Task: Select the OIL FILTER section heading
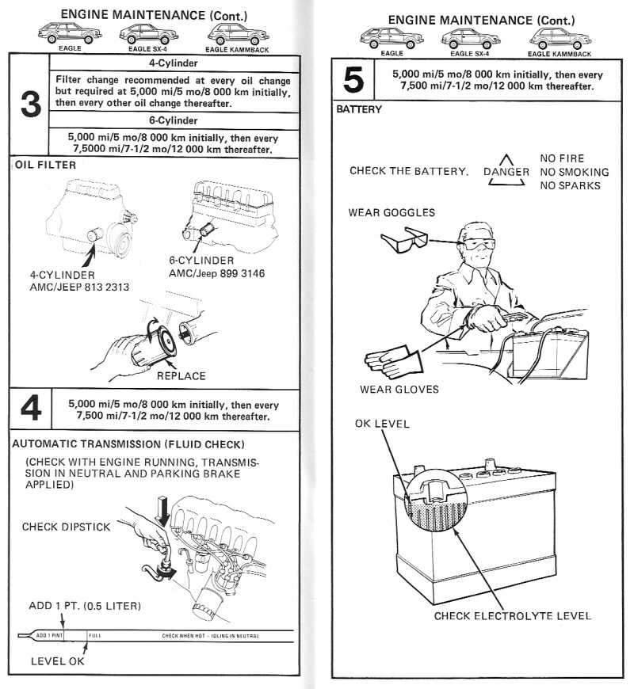[x=45, y=165]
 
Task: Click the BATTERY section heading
[x=359, y=109]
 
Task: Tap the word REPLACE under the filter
[x=181, y=375]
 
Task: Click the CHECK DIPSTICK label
[x=66, y=527]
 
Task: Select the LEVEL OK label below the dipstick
[x=57, y=660]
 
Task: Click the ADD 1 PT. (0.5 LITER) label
[x=85, y=606]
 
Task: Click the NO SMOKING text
[x=575, y=172]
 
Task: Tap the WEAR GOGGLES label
[x=391, y=212]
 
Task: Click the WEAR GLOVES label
[x=399, y=389]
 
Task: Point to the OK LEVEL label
[x=382, y=424]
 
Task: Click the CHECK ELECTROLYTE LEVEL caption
[x=512, y=615]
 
